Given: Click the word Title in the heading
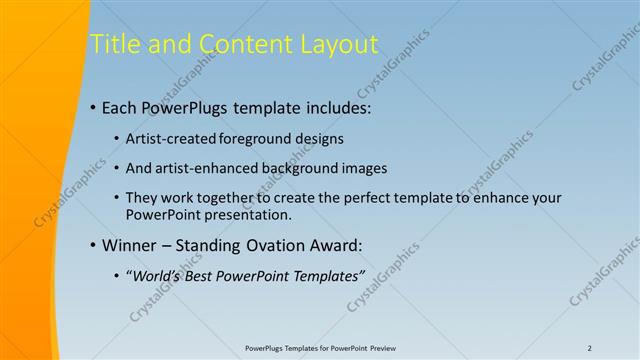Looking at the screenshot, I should coord(113,44).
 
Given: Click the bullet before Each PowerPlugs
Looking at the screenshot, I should coord(93,106).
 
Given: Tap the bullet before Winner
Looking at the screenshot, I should coord(93,245).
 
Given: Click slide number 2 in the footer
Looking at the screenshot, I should coord(589,347).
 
